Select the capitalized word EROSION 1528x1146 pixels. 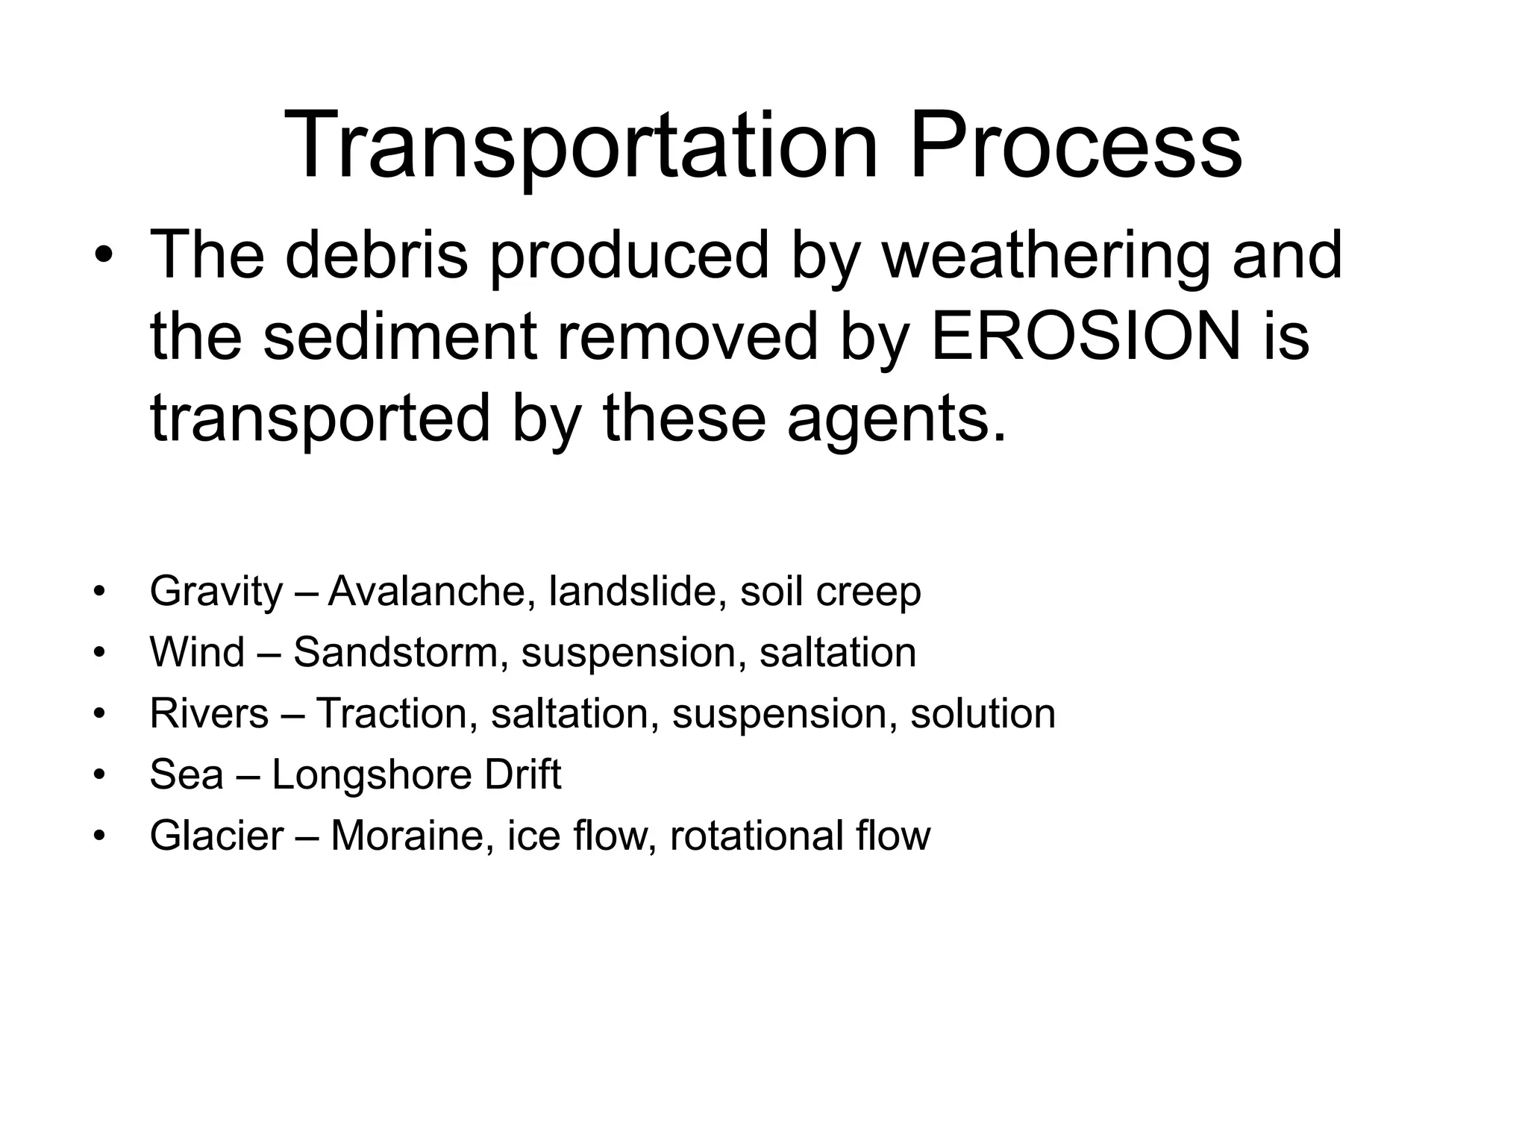1086,336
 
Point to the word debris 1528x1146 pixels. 376,255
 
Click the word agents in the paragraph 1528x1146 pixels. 895,419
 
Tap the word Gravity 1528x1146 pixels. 216,592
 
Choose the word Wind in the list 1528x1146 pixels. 197,652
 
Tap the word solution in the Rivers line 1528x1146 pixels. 983,713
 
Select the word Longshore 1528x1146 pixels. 371,774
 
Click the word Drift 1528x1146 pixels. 522,774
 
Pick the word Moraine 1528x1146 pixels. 412,836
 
